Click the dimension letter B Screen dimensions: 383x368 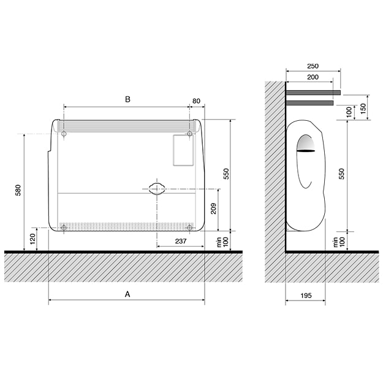pos(127,99)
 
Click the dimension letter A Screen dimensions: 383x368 pos(127,294)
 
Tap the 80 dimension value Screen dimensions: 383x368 pos(196,101)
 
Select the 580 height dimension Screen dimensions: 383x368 pos(18,190)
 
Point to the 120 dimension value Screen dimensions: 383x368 pos(32,239)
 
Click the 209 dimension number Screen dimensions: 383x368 pos(213,209)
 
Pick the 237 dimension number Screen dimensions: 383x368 pos(181,241)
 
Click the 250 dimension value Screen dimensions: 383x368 pos(313,66)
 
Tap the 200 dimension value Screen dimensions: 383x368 pos(313,77)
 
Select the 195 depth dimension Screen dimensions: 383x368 pos(306,296)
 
